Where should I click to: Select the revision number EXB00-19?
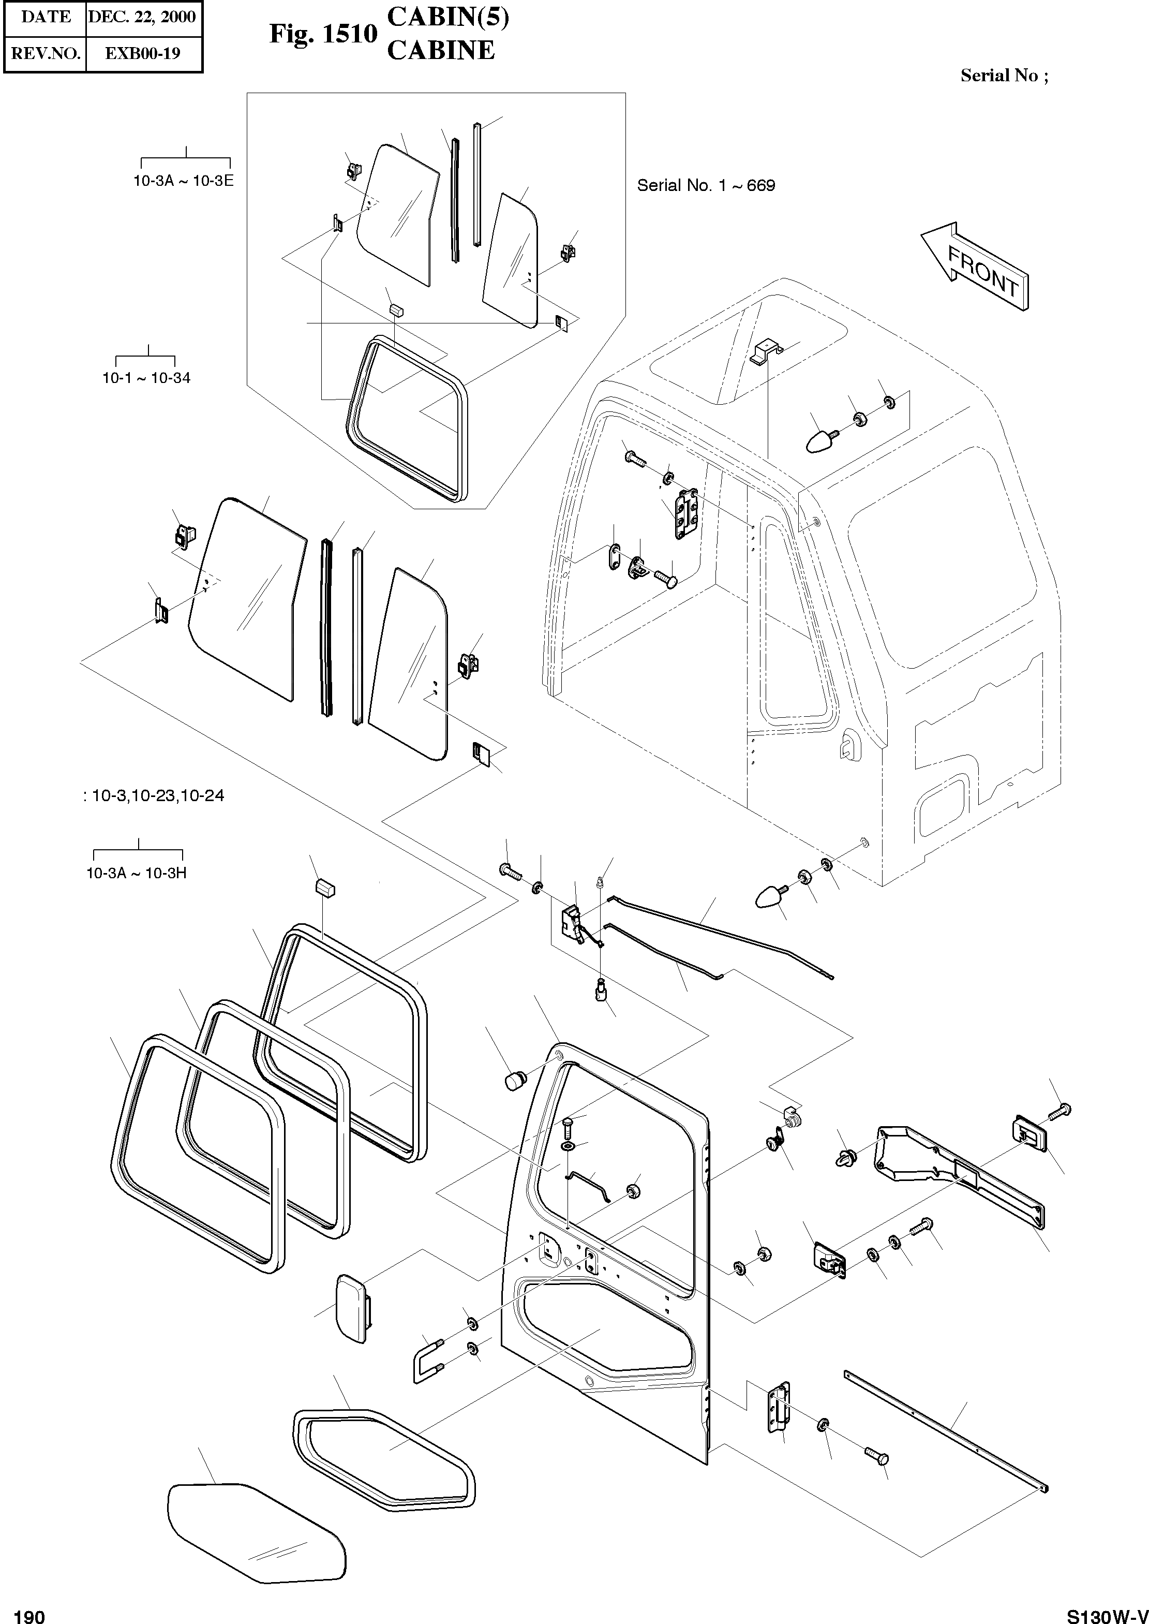pos(142,53)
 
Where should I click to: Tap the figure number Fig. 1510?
pos(323,34)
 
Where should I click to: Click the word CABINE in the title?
pos(440,50)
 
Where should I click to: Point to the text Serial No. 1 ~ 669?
pos(706,185)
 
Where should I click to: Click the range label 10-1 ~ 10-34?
pos(146,378)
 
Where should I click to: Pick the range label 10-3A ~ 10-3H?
pos(136,873)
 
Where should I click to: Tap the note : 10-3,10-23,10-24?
pos(154,795)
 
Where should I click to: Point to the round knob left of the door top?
pos(516,1081)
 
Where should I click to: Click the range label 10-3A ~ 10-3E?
pos(183,181)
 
